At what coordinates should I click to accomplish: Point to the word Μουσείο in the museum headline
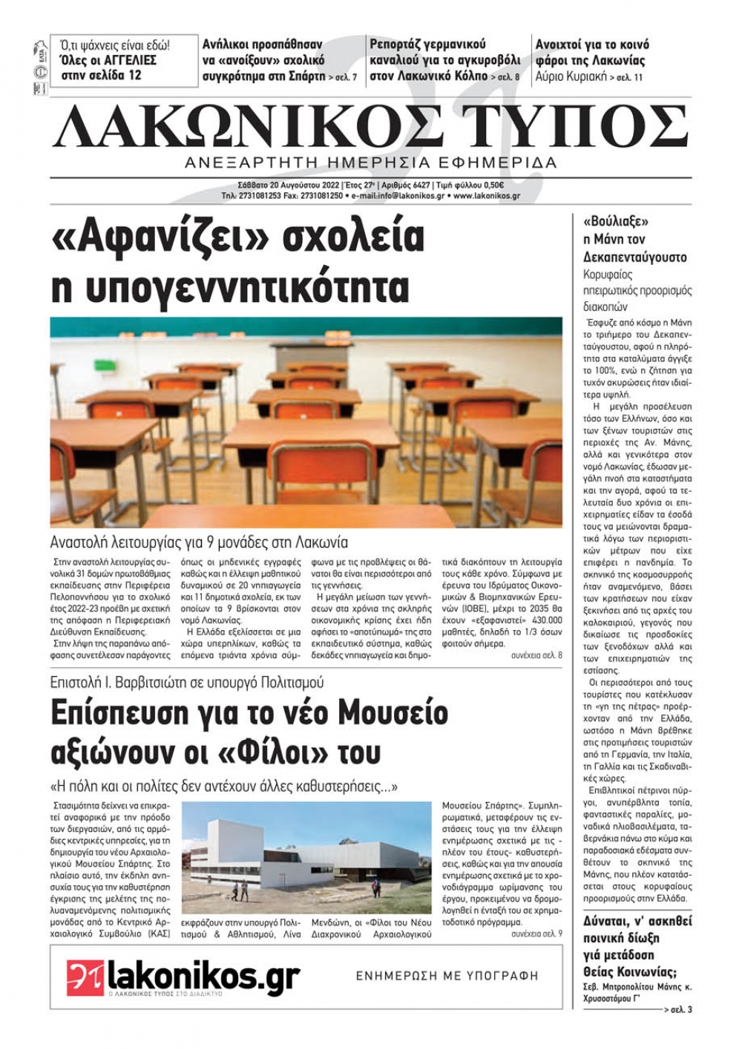(393, 712)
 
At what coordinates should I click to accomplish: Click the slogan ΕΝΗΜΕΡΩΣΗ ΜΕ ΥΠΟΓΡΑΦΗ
(447, 976)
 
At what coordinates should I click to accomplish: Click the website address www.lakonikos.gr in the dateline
(486, 197)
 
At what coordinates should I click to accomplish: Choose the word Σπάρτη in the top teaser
(305, 76)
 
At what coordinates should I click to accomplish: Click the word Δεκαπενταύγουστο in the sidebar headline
(635, 257)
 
